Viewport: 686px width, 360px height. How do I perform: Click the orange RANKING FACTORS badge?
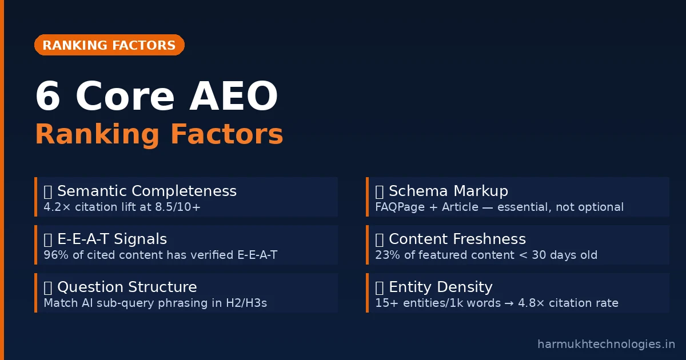coord(109,45)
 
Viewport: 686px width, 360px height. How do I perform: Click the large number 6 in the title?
coord(48,96)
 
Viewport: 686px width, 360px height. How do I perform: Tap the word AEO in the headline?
coord(234,96)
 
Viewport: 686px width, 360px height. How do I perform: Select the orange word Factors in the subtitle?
coord(226,134)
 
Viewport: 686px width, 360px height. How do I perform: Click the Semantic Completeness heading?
coord(147,191)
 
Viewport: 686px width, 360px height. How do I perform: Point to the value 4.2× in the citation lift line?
coord(57,207)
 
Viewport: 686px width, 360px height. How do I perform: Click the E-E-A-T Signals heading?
coord(112,239)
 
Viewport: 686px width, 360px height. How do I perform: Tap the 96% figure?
coord(56,255)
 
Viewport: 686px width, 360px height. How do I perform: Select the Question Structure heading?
coord(127,287)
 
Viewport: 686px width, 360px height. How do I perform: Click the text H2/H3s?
coord(246,303)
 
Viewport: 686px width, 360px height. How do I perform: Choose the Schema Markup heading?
coord(448,191)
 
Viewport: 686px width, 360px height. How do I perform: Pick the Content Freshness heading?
coord(457,239)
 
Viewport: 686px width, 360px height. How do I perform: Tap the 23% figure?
coord(388,255)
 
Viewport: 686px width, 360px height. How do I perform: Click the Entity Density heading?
coord(441,287)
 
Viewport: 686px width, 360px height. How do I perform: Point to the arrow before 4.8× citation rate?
coord(509,303)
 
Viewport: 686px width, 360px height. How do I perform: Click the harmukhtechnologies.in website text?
coord(606,344)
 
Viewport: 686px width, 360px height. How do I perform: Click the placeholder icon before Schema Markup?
coord(379,192)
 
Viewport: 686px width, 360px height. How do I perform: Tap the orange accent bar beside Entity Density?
coord(367,293)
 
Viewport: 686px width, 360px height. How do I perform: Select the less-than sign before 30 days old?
coord(523,255)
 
